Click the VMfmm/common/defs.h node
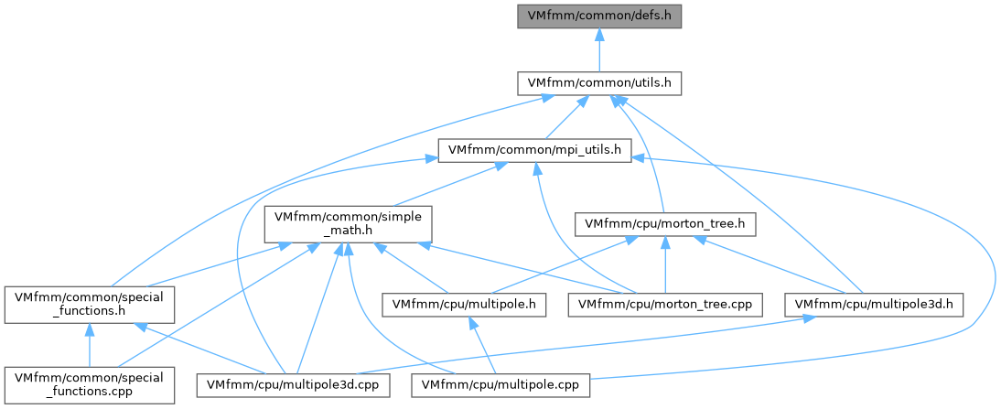coord(598,15)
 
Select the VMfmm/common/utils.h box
coord(598,83)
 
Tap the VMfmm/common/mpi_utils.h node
coord(535,151)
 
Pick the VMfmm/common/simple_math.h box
coord(348,224)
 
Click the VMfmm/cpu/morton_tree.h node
coord(665,224)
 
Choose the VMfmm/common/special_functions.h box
coord(90,305)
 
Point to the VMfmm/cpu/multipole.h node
coord(464,306)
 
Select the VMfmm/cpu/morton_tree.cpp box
coord(666,306)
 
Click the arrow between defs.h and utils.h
coord(598,49)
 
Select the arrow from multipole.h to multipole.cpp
coord(482,345)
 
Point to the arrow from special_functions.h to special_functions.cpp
coord(90,345)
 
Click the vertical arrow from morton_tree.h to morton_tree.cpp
coord(666,264)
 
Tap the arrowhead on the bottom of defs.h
coord(598,33)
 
